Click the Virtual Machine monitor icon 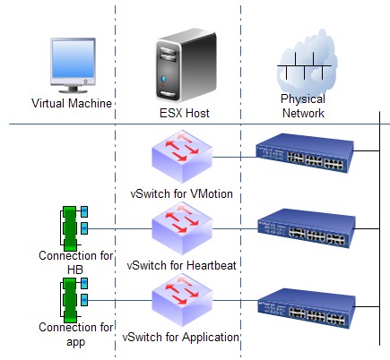coord(73,65)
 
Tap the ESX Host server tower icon coord(186,65)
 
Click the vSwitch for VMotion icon coord(182,156)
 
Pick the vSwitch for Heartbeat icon coord(182,228)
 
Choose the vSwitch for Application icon coord(182,300)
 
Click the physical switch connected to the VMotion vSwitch coord(305,153)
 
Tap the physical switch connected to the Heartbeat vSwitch coord(307,228)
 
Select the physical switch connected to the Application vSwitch coord(307,308)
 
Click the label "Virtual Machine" coord(72,103)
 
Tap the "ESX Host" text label coord(185,113)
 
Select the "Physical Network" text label coord(303,106)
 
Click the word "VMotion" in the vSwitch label coord(212,193)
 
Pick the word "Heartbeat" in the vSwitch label coord(212,265)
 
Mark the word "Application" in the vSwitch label coord(211,337)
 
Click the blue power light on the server coord(163,79)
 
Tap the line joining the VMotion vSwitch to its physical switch coord(235,157)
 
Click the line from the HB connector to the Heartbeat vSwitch coord(120,229)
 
